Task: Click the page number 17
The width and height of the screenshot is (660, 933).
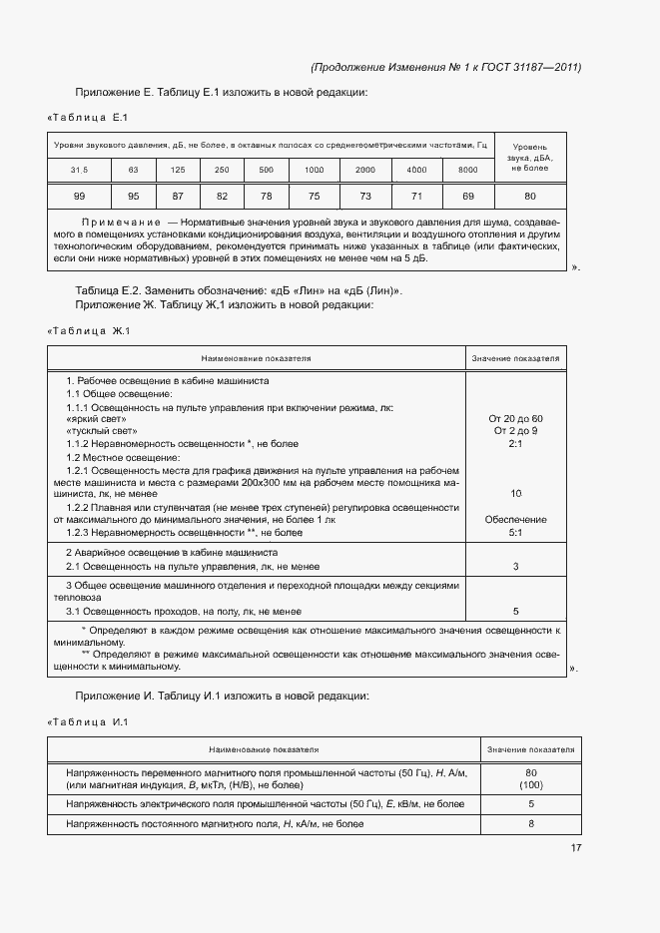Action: pyautogui.click(x=576, y=848)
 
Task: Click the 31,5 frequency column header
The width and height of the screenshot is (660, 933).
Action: pyautogui.click(x=79, y=170)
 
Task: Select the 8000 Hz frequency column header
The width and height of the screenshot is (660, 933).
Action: pyautogui.click(x=467, y=170)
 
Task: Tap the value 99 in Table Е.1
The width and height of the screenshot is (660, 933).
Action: pyautogui.click(x=79, y=196)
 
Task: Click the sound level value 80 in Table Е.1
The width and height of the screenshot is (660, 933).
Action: pyautogui.click(x=530, y=196)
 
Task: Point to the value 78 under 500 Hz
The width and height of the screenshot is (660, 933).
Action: pyautogui.click(x=266, y=196)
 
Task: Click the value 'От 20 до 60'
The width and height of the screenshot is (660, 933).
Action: pyautogui.click(x=515, y=418)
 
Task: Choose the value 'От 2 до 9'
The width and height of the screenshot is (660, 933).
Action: pyautogui.click(x=515, y=431)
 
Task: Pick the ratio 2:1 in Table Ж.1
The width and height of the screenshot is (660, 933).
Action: pyautogui.click(x=515, y=444)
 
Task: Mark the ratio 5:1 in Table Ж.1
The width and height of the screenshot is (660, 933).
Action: pyautogui.click(x=515, y=533)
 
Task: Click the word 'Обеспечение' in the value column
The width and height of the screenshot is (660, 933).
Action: pyautogui.click(x=515, y=520)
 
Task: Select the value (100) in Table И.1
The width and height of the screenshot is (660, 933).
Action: pyautogui.click(x=531, y=785)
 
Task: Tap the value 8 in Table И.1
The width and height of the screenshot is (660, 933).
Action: pyautogui.click(x=531, y=824)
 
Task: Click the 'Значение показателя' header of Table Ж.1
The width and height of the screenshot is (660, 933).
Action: pyautogui.click(x=515, y=357)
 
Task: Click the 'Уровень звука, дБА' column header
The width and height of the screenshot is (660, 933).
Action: pyautogui.click(x=530, y=157)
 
